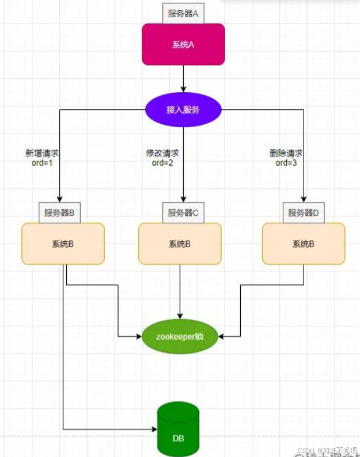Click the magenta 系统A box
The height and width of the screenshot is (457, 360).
183,44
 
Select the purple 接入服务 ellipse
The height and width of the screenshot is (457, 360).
183,109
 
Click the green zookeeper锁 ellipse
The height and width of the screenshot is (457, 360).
180,336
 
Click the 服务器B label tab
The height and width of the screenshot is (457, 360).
60,212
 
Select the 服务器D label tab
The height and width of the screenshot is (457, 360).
303,212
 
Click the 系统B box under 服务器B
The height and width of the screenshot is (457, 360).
63,243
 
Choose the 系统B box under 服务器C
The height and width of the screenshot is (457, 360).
180,243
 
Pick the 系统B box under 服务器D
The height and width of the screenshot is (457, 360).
304,243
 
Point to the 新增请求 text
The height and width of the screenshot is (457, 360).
42,154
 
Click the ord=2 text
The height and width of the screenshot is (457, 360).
162,163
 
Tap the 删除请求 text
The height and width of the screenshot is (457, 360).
286,154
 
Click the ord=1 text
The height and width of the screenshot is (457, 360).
42,163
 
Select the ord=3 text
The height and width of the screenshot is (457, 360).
286,163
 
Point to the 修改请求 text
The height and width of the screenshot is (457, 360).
162,154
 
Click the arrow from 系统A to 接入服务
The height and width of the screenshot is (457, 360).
183,78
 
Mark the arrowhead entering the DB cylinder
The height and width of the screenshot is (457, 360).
153,429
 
